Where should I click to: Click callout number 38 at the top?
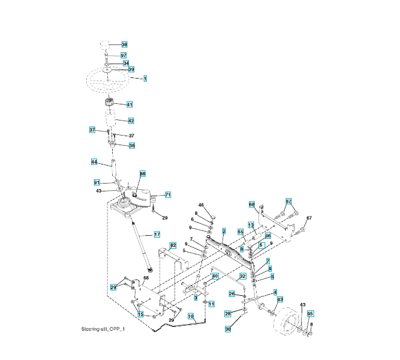124,44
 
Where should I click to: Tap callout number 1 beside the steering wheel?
145,78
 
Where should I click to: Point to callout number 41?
130,104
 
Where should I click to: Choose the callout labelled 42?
131,121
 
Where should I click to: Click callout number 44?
94,162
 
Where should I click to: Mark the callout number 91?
97,182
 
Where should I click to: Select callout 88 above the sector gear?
143,173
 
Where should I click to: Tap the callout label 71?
168,195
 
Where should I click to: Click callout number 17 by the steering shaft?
157,235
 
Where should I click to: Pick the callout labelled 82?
172,245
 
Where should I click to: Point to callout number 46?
201,205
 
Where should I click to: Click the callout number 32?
243,277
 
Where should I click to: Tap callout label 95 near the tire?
310,314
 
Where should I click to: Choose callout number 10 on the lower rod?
191,316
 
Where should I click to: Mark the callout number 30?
228,329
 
